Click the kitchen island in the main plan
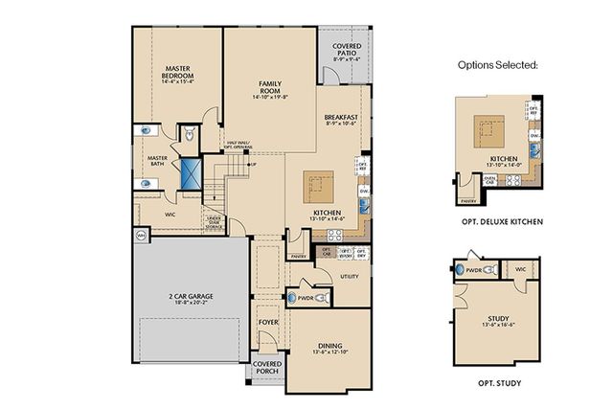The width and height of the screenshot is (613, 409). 319,183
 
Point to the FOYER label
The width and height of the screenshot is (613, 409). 268,323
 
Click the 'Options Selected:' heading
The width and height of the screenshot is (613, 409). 498,65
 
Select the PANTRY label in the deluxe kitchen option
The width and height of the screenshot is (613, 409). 468,201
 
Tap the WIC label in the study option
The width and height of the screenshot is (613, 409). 521,270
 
